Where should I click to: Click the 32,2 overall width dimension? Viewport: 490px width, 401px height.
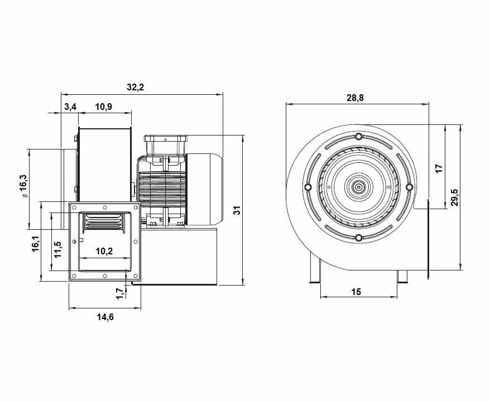point(135,88)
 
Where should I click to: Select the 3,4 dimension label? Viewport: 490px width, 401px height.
point(70,107)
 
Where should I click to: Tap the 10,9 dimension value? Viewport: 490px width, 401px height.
point(104,107)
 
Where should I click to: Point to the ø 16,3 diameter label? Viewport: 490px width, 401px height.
point(24,186)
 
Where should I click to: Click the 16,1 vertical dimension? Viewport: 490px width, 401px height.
point(36,244)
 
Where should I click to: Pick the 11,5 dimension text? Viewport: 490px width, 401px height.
point(58,249)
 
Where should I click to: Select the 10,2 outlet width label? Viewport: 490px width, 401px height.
point(104,251)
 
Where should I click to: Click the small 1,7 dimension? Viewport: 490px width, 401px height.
point(119,293)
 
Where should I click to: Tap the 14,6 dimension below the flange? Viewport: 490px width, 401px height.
point(105,317)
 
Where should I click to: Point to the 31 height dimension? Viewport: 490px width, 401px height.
point(238,210)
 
